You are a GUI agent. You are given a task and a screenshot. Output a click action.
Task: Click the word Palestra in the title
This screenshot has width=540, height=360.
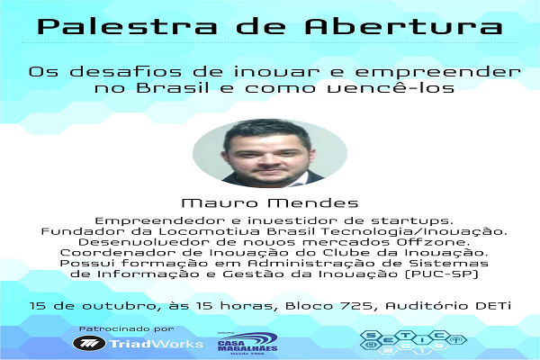[x=127, y=26]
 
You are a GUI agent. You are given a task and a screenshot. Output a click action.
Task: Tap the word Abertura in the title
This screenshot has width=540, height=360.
[x=403, y=26]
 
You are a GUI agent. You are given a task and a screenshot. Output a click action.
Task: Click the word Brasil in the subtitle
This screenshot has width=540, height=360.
[x=173, y=87]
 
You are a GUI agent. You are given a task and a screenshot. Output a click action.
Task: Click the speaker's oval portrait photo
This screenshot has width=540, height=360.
[x=270, y=153]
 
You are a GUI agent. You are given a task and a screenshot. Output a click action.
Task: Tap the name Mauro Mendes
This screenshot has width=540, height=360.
[x=270, y=202]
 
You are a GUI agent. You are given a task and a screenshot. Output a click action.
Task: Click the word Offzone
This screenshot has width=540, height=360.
[x=431, y=242]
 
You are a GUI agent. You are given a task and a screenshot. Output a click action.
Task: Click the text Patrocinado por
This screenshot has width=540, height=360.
[x=127, y=329]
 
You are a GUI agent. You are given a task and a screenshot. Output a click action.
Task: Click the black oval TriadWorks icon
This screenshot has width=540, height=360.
[x=89, y=343]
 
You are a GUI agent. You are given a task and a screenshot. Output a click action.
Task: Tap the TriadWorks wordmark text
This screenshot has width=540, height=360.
[x=156, y=344]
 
